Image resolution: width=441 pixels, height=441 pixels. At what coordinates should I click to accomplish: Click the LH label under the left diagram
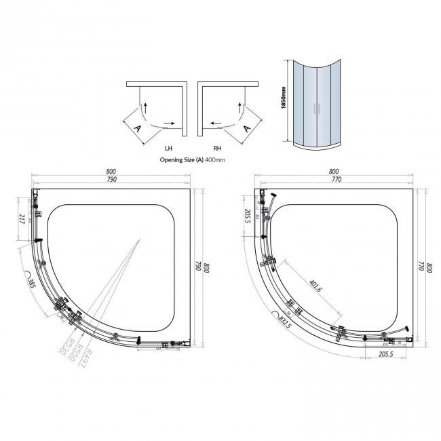(x=168, y=147)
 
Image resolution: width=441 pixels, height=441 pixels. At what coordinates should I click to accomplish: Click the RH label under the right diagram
(x=218, y=147)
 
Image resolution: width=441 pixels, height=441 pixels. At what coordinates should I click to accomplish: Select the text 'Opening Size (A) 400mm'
(x=192, y=159)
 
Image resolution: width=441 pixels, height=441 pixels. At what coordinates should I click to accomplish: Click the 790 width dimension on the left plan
(x=112, y=179)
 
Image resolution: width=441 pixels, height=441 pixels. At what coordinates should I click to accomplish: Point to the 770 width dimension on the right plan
(x=334, y=179)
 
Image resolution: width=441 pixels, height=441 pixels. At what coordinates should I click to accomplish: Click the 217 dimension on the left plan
(x=22, y=218)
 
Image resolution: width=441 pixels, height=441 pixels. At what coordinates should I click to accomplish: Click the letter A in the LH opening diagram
(x=138, y=128)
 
